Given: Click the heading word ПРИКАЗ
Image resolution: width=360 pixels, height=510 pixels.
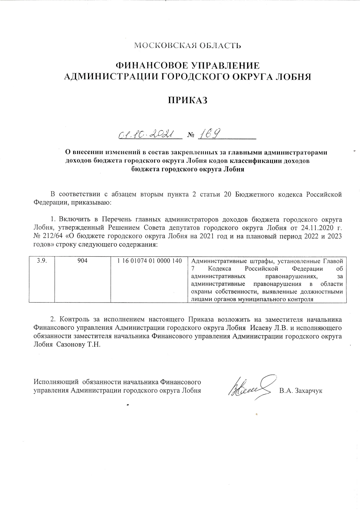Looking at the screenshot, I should coord(188,100).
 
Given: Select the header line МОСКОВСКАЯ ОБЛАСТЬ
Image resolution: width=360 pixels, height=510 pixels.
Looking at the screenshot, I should coord(188,45).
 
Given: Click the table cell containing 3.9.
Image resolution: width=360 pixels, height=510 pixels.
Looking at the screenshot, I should coord(42,261).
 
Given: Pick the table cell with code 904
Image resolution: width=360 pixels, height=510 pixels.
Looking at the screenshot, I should coord(82,261).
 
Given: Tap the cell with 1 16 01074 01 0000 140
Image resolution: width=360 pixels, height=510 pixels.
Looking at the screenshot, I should coord(150,261).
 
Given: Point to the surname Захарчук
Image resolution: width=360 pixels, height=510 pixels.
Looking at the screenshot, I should coord(308,391).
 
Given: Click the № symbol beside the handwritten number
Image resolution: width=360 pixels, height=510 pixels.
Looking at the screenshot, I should coord(191,135).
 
